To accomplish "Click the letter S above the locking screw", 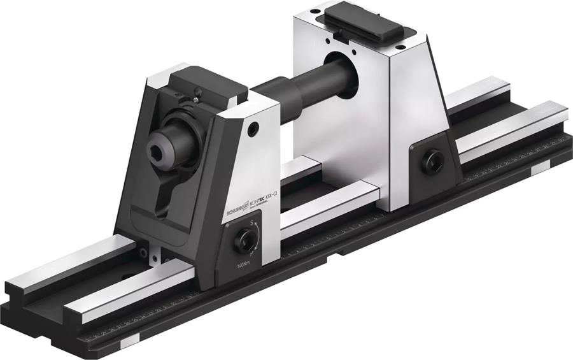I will pyautogui.click(x=251, y=222).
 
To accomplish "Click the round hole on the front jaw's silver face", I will pyautogui.click(x=254, y=129).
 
